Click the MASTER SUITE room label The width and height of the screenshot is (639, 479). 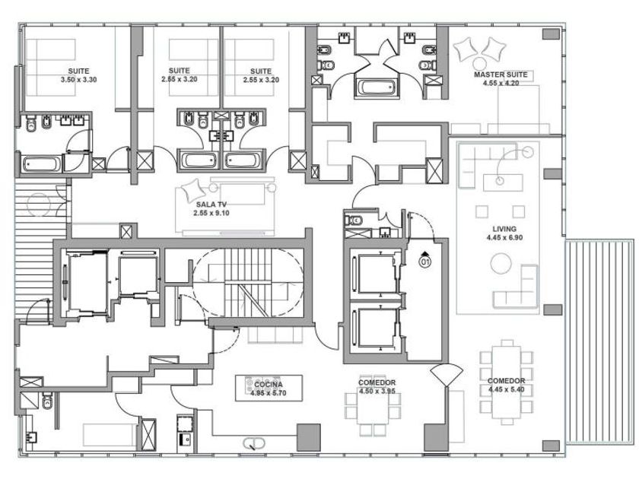click(x=501, y=75)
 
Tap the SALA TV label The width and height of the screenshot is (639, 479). click(x=211, y=205)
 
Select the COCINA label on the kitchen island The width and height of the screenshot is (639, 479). click(x=269, y=385)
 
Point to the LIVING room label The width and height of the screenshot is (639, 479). click(x=504, y=229)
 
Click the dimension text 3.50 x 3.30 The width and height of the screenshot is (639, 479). click(x=78, y=80)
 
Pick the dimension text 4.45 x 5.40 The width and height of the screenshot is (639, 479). click(x=506, y=389)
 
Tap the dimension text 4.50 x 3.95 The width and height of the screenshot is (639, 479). click(x=377, y=391)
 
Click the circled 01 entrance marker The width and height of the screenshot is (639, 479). click(x=424, y=262)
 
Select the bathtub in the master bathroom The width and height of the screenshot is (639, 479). click(x=375, y=87)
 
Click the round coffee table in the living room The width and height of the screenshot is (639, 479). click(x=501, y=263)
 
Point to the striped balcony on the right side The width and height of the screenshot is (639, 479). click(x=599, y=341)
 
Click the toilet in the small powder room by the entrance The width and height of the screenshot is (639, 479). click(x=353, y=220)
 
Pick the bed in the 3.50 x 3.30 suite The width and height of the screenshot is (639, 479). click(x=51, y=68)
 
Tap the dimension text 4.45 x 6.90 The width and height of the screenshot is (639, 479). click(x=504, y=237)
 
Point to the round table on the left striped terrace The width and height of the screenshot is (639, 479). click(x=38, y=205)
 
